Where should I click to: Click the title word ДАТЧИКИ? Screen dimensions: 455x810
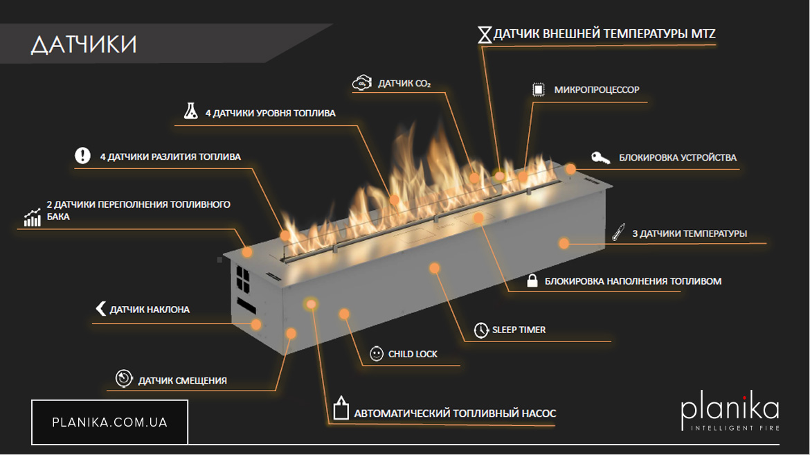(84, 44)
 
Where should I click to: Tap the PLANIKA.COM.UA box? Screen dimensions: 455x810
(109, 422)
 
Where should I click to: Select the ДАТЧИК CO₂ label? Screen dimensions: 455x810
(404, 84)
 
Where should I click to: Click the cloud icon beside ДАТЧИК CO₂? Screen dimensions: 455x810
(361, 83)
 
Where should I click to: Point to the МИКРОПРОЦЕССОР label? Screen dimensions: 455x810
(597, 90)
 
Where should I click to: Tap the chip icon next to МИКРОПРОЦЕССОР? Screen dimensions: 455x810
(537, 89)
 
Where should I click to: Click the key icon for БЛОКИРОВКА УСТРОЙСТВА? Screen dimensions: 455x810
(600, 158)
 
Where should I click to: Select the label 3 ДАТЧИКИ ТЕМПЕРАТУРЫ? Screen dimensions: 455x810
(690, 234)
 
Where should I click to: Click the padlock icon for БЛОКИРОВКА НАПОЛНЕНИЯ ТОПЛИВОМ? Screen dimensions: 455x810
(532, 281)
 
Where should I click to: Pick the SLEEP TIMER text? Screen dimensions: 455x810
(519, 330)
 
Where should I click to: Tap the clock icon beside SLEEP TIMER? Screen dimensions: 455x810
(481, 330)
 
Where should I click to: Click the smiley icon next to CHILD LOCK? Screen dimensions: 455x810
(377, 354)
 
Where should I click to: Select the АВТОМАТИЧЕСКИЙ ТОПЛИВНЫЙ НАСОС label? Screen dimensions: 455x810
(455, 413)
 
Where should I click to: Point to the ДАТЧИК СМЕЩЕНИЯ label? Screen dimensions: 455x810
(182, 380)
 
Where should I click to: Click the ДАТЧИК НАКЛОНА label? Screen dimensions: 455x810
(150, 310)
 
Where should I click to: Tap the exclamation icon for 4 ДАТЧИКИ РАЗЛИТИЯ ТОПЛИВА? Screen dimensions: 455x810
(83, 156)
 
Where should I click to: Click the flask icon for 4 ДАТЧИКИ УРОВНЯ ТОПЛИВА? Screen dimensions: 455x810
(190, 111)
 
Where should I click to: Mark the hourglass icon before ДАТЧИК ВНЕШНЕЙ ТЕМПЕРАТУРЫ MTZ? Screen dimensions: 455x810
(485, 35)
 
